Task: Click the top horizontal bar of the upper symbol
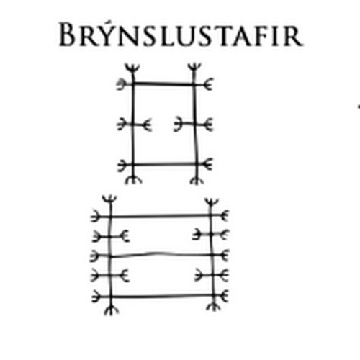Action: tap(164, 84)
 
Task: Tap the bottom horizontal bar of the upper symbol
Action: tap(165, 165)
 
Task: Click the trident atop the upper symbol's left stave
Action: tap(132, 69)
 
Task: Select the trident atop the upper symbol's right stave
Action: tap(194, 68)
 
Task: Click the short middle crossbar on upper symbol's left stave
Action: tap(134, 125)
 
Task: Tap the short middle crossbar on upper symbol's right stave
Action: tap(194, 125)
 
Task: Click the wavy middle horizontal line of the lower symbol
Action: tap(160, 256)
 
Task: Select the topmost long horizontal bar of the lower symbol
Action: tap(160, 216)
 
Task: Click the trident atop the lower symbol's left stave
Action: tap(109, 201)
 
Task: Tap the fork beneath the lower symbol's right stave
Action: tap(214, 307)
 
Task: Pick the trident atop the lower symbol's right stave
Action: tap(211, 204)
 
